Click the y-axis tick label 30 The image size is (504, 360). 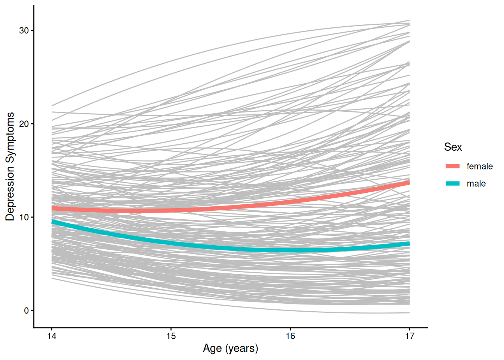(x=24, y=31)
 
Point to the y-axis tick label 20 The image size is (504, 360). (x=24, y=124)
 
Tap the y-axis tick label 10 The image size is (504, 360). (x=24, y=217)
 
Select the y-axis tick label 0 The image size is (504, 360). (x=26, y=311)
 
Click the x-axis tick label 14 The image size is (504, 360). (x=52, y=336)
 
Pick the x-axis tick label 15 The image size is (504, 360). (x=171, y=336)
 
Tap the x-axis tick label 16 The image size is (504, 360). (x=290, y=336)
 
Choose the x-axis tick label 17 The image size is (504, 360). (x=409, y=336)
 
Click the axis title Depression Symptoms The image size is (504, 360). (x=10, y=166)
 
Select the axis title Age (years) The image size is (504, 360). (x=230, y=348)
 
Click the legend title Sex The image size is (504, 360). (x=453, y=147)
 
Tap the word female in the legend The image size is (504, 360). (x=479, y=166)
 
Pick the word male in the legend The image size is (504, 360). (x=476, y=184)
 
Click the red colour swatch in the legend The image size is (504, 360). (x=452, y=166)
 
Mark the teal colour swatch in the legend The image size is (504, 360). (x=452, y=183)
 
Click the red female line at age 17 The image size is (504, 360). (x=409, y=183)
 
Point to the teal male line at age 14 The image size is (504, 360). (x=52, y=222)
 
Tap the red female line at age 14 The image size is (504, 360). (x=52, y=208)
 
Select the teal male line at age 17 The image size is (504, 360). (x=409, y=244)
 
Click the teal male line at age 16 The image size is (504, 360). (x=290, y=250)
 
